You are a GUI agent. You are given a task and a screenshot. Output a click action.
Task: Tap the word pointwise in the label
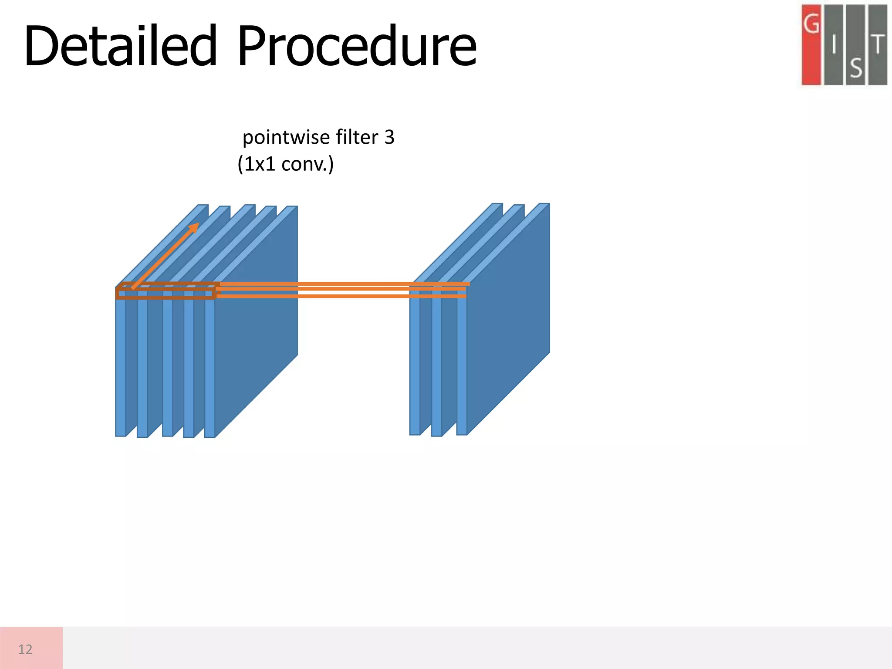(x=280, y=137)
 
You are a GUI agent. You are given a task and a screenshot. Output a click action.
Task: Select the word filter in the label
(x=351, y=137)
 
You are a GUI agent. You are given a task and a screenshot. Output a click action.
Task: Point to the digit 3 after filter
(x=389, y=137)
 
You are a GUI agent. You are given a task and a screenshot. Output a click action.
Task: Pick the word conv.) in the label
(x=307, y=164)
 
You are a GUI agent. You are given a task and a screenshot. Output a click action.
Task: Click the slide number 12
(x=25, y=649)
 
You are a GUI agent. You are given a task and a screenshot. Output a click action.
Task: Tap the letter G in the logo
(x=811, y=24)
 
